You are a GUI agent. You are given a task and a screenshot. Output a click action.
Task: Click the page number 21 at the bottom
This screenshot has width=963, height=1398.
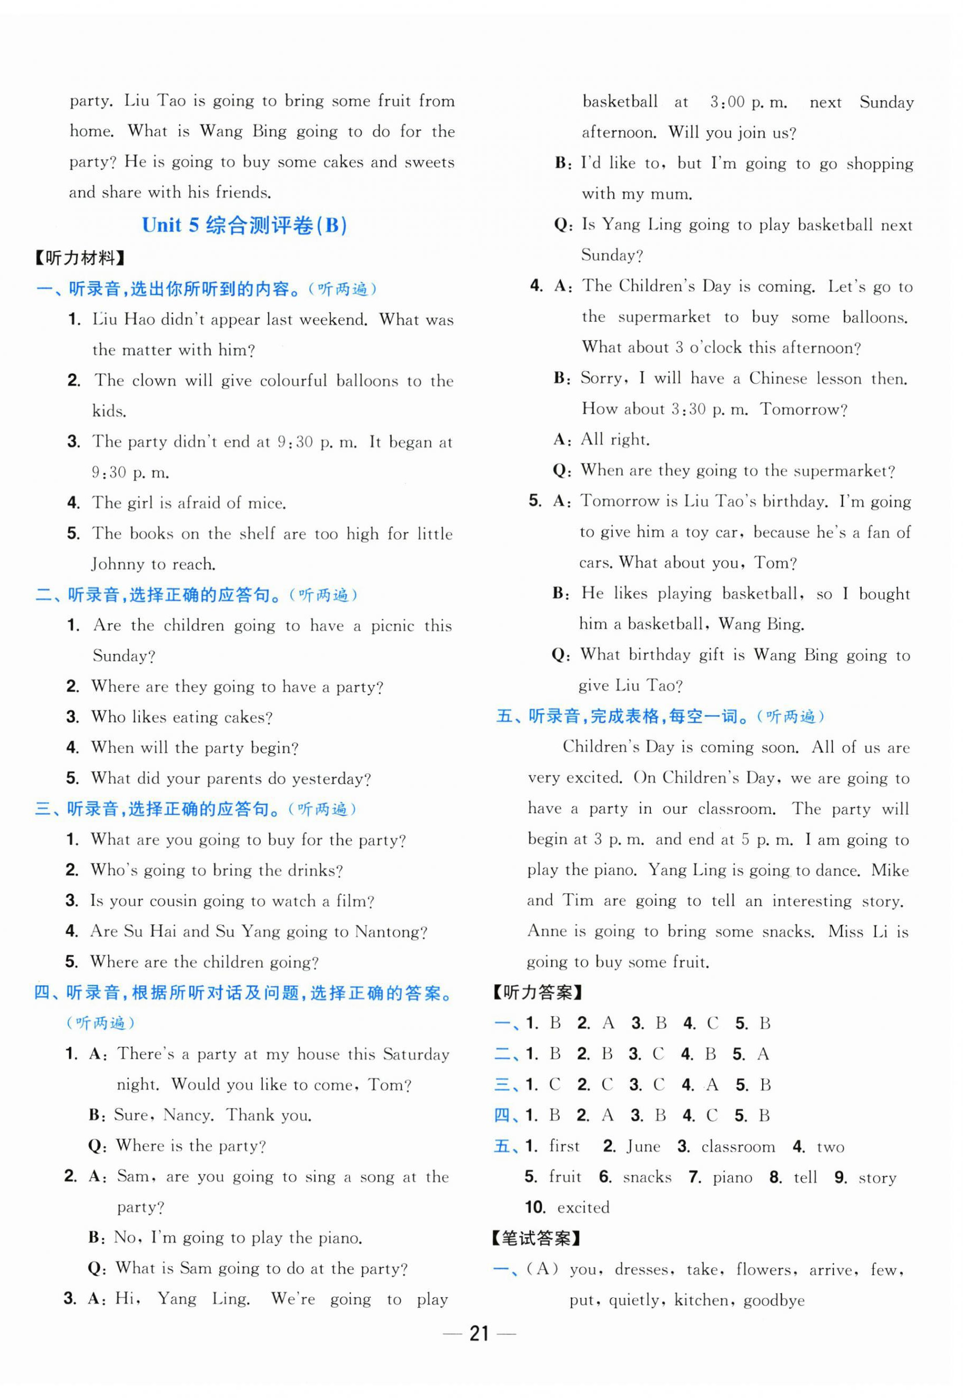coord(479,1333)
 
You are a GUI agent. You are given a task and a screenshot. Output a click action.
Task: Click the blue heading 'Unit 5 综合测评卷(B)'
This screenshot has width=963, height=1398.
coord(244,226)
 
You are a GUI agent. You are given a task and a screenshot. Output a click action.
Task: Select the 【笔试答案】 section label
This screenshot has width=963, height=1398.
coord(536,1239)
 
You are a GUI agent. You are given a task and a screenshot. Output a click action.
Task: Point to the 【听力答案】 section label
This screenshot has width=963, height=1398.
coord(536,993)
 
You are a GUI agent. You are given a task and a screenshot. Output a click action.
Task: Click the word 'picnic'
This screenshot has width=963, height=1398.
coord(392,626)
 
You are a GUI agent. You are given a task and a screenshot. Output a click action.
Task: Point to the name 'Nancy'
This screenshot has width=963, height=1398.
coord(187,1115)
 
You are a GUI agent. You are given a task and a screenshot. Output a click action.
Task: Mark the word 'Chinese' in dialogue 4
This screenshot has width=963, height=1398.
coord(777,379)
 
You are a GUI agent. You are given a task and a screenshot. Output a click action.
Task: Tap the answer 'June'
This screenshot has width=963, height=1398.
coord(643,1146)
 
